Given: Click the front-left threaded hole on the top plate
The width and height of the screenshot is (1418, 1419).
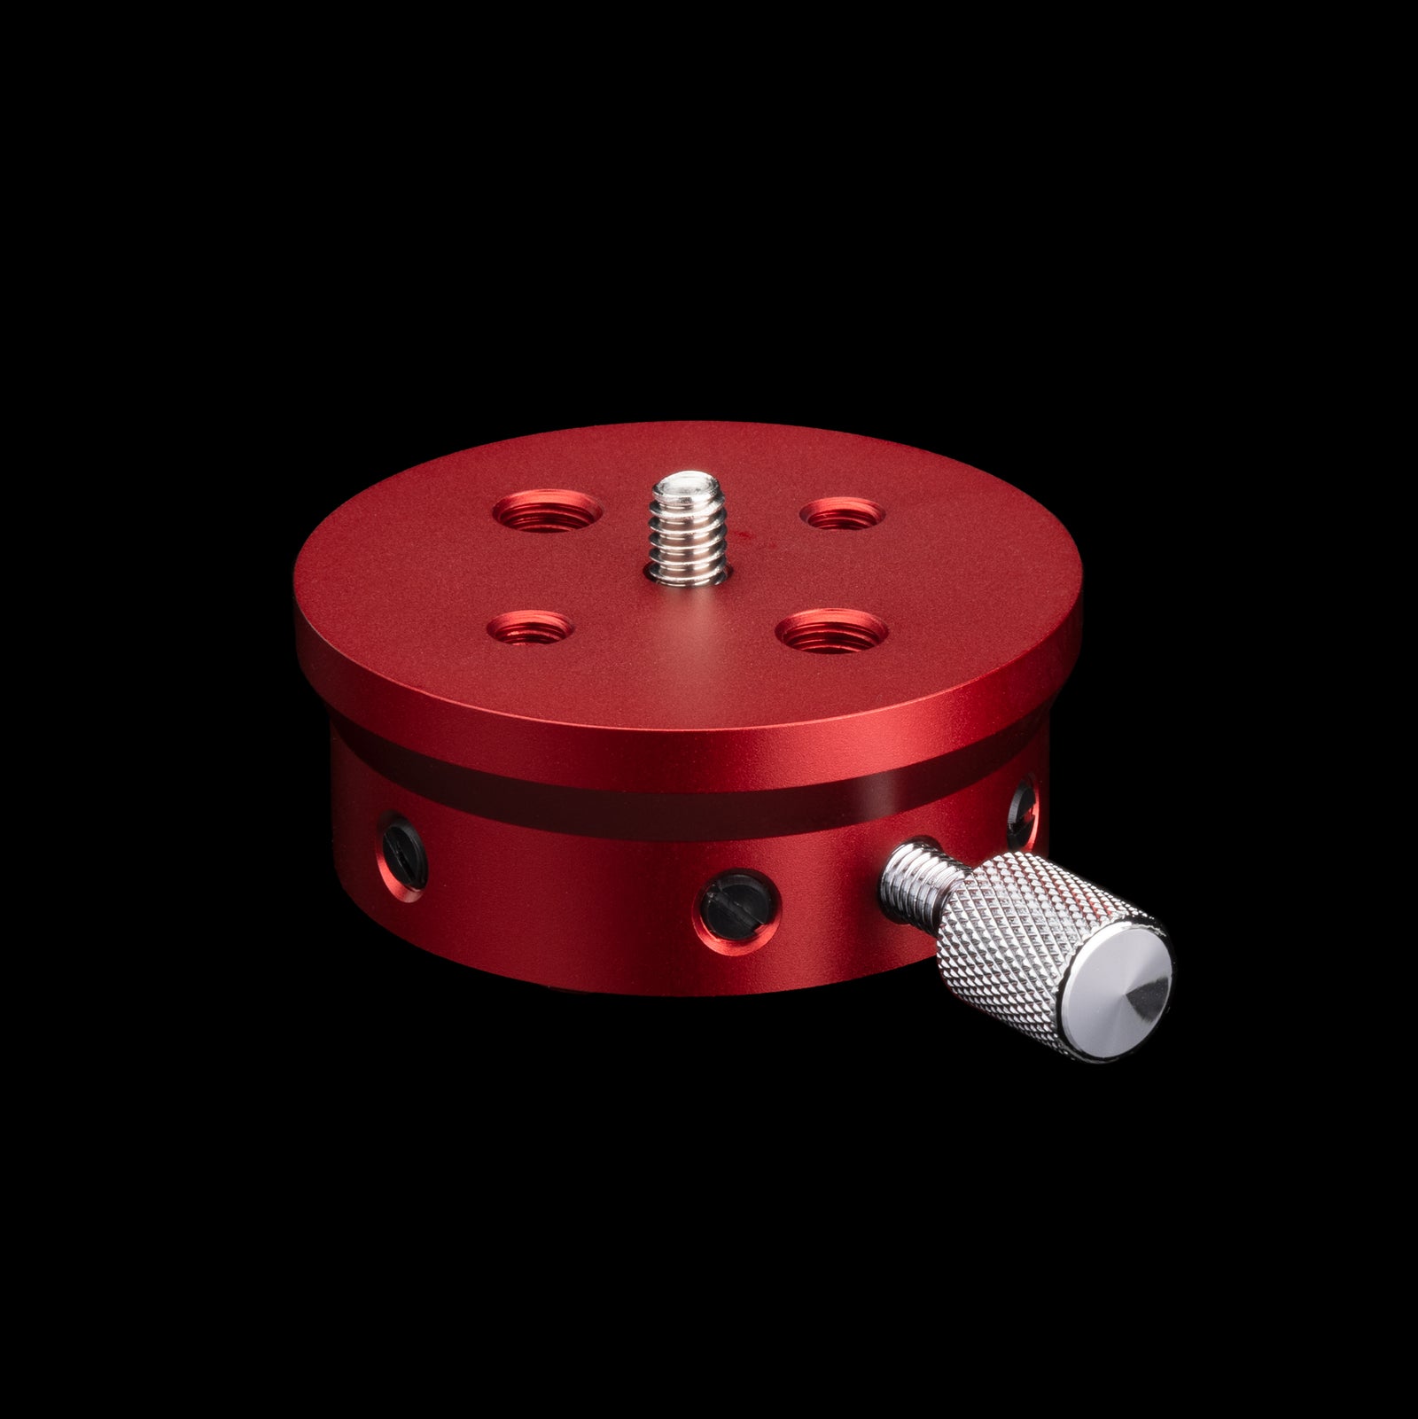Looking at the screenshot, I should tap(531, 631).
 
